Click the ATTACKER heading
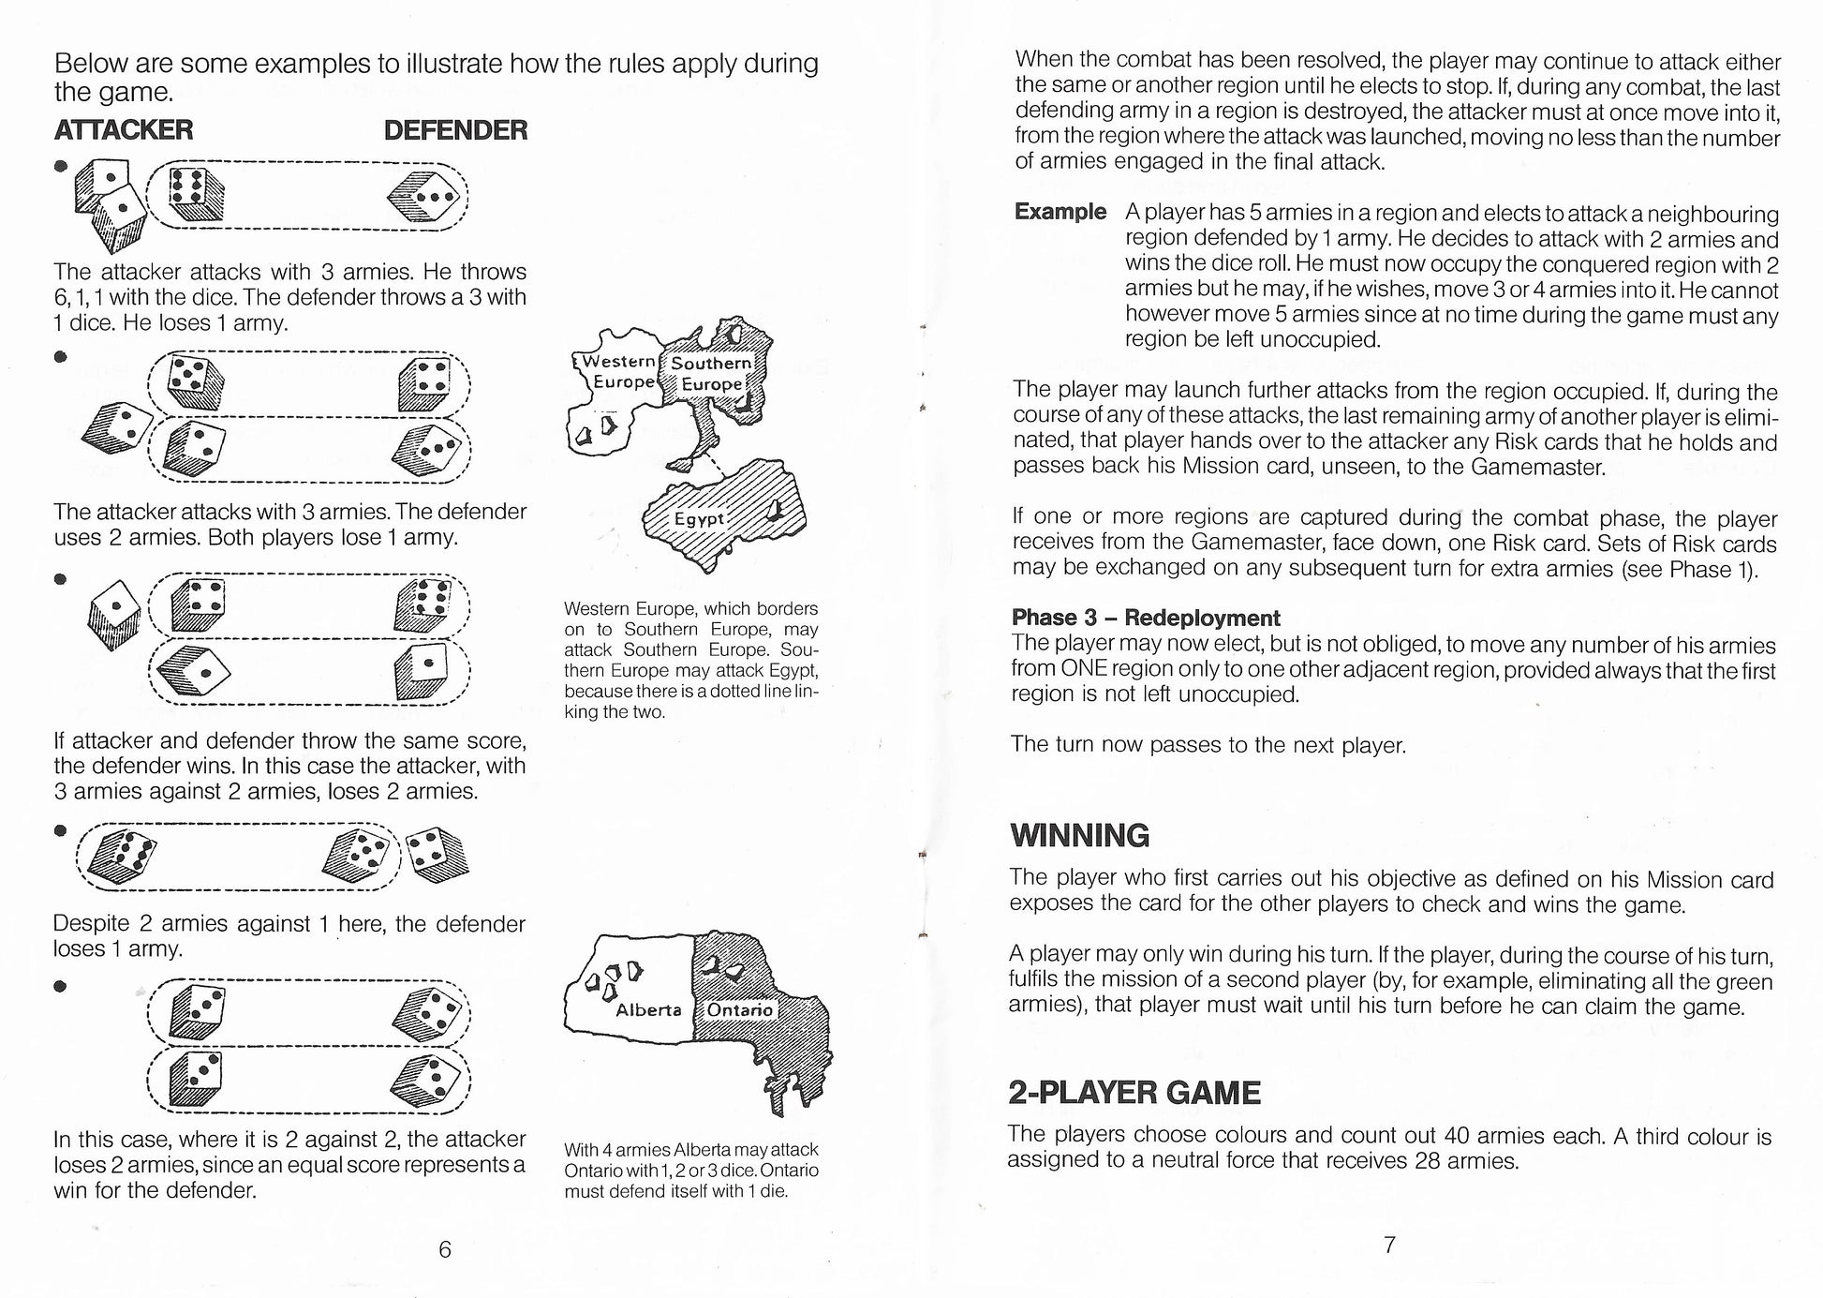coord(124,129)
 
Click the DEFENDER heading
coord(455,129)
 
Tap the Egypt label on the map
coord(699,518)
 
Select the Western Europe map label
coord(619,371)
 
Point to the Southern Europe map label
coord(712,373)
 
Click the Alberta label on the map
coord(648,1010)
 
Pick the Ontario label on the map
coord(740,1010)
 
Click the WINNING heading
coord(1080,835)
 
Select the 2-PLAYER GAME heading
coord(1134,1093)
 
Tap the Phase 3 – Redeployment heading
coord(1145,618)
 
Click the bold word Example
coord(1060,212)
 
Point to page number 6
coord(445,1249)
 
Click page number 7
coord(1389,1245)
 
